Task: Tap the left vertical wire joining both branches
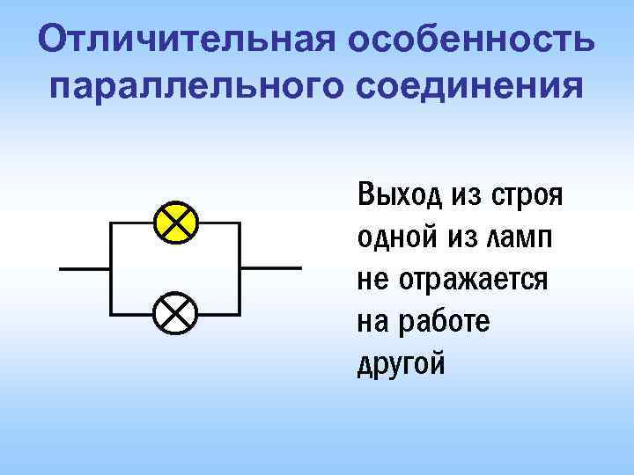107,267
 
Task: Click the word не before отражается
372,281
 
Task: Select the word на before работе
373,322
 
